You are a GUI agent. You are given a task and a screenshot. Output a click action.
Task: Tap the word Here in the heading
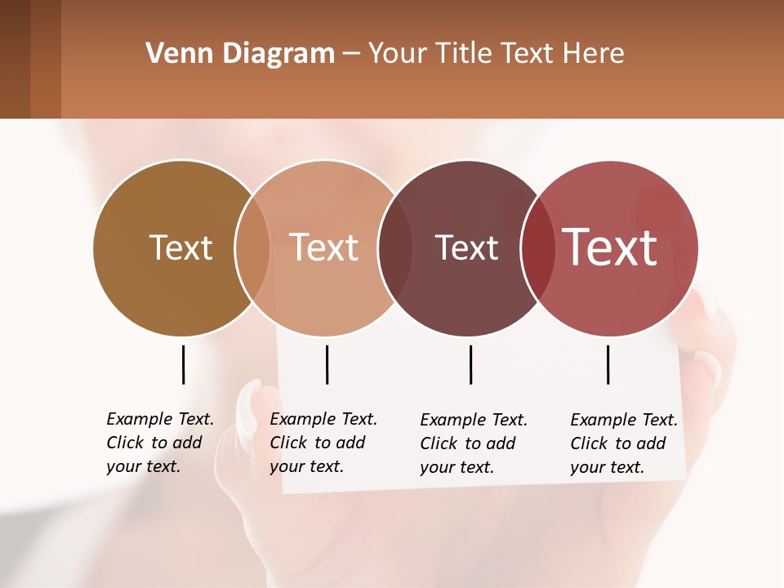(594, 54)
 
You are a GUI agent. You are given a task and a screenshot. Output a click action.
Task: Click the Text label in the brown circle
(180, 247)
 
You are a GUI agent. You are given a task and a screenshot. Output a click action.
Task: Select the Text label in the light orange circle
(324, 247)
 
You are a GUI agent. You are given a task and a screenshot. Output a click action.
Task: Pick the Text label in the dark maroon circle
(466, 247)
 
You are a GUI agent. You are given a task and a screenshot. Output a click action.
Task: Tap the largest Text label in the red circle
(610, 247)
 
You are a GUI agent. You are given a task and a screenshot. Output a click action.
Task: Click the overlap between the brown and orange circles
(252, 248)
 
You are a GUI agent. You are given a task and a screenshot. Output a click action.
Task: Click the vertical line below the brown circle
(184, 364)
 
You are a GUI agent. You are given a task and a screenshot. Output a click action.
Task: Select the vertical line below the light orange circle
(327, 364)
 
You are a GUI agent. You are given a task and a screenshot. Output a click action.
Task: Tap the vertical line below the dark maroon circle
(471, 364)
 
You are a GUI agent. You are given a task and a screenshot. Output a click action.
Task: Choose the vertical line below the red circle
(608, 364)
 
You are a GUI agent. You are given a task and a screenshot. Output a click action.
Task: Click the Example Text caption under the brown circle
(159, 443)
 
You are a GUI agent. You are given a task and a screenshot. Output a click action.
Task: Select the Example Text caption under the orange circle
(323, 443)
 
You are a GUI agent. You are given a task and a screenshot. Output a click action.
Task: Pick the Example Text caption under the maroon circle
(473, 443)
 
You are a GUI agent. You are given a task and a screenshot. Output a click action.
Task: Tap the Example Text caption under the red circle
(623, 443)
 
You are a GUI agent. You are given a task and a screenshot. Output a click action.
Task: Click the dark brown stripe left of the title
(15, 59)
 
